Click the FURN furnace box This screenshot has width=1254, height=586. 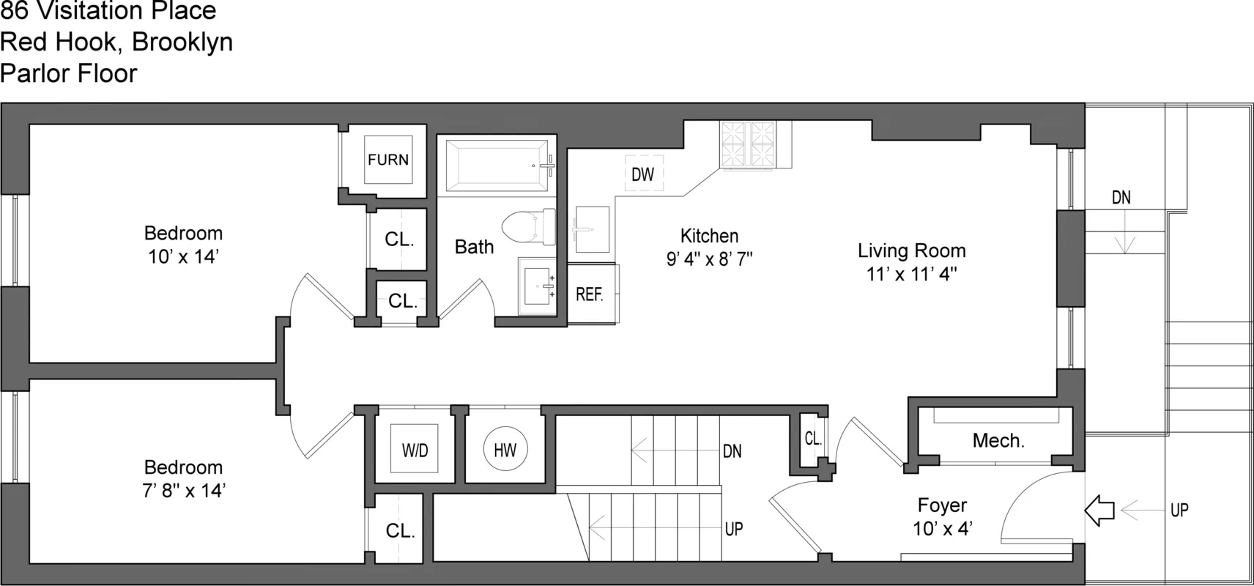coord(388,160)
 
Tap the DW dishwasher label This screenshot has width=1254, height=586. coord(642,174)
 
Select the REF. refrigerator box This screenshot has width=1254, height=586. coord(590,294)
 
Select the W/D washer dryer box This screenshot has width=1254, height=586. coord(415,450)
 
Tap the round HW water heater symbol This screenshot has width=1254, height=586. coord(505,450)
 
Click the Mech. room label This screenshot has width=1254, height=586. coord(998,441)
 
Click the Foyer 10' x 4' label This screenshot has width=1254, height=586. coord(943,516)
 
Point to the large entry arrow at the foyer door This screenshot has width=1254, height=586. coord(1099,510)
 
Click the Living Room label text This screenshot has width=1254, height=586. coord(911,251)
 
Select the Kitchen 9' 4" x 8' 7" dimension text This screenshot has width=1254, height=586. coord(709,259)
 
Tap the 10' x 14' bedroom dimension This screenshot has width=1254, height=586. coord(183,257)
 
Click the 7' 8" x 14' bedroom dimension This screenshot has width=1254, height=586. coord(183,491)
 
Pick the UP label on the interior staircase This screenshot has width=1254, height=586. coord(734,528)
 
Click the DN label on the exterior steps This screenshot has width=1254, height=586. coord(1121,197)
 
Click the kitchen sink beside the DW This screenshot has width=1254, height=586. coord(592,229)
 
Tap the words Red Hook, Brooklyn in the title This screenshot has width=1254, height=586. coord(116,42)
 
